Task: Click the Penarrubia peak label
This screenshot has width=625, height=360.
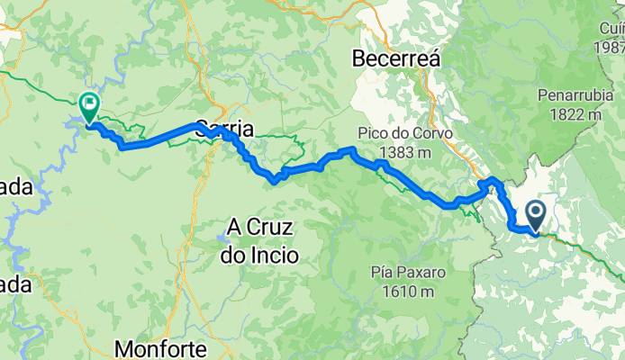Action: coord(575,94)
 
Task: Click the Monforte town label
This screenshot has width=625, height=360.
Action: coord(163,348)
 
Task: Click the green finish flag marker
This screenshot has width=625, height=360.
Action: coord(89,106)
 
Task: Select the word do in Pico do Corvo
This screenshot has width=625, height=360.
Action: coord(404,133)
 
